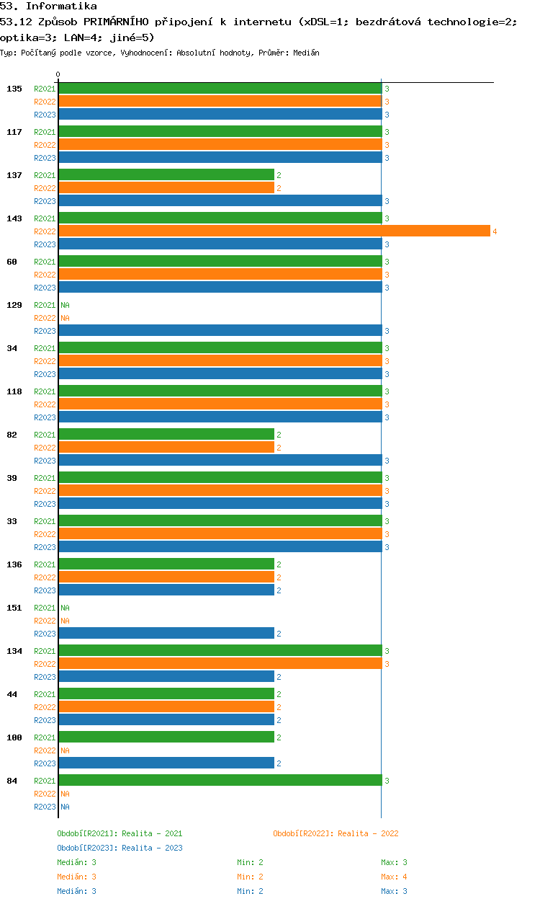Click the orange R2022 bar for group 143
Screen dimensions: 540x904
[274, 231]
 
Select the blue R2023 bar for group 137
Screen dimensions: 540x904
[220, 200]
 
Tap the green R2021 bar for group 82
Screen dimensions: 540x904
[166, 434]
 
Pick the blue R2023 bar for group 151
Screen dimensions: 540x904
[166, 633]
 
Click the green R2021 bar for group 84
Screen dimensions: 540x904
[220, 780]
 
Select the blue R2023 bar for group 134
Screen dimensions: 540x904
[166, 676]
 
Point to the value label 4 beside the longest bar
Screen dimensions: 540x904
[495, 231]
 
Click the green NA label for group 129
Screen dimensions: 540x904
[65, 305]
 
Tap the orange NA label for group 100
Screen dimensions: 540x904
[65, 750]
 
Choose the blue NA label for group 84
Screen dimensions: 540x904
[65, 807]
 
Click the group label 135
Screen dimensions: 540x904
[14, 89]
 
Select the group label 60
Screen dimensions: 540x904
[12, 262]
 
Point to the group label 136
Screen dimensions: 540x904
[14, 564]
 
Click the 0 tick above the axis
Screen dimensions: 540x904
[58, 74]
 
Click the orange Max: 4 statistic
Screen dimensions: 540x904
[394, 877]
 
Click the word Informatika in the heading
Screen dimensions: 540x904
[61, 6]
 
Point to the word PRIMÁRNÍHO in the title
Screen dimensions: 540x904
[116, 22]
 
